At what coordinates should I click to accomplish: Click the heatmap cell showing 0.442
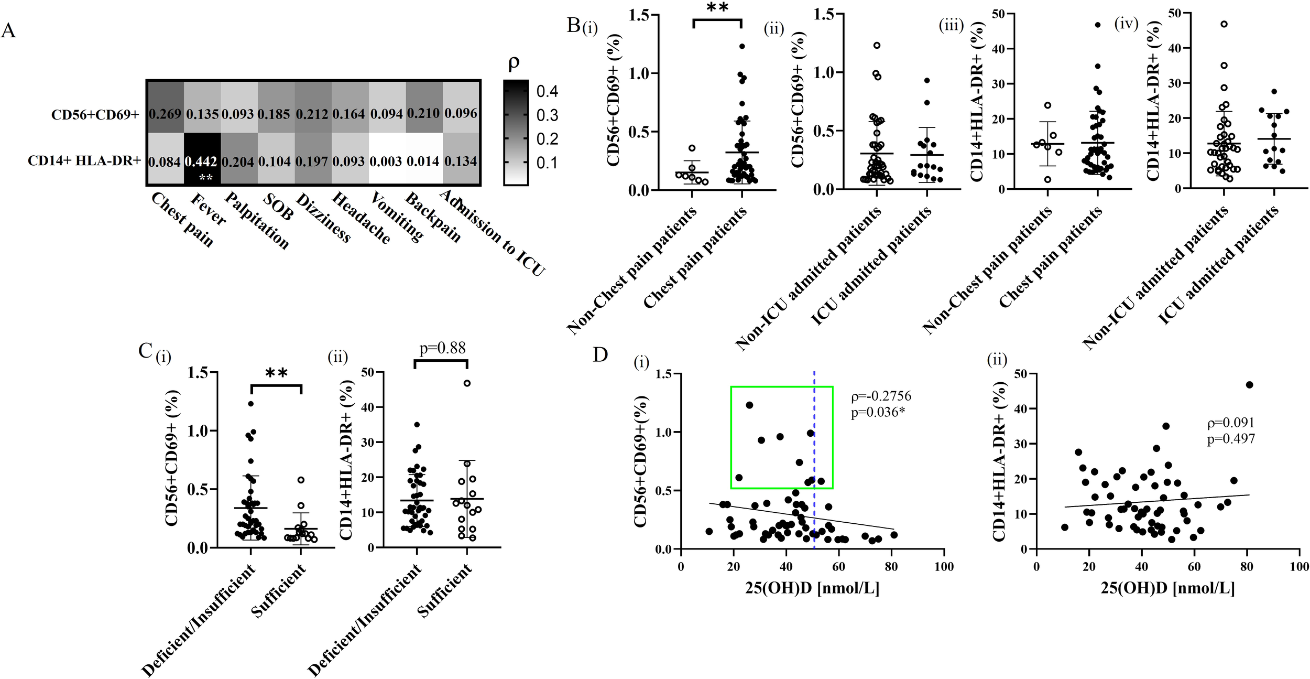click(202, 161)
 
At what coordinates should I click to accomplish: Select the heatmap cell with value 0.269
click(165, 113)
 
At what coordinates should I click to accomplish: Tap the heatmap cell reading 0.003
click(387, 161)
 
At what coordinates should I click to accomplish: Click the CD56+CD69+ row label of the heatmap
click(95, 114)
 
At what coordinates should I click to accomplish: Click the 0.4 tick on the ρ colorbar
click(547, 92)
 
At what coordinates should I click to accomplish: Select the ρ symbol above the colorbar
click(514, 63)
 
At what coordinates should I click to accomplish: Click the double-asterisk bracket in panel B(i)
click(717, 21)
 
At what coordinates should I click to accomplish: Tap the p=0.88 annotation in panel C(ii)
click(442, 348)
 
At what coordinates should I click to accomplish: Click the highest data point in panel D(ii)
click(1249, 384)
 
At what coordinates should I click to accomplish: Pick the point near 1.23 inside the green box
click(749, 405)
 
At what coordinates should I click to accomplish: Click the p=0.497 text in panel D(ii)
click(1231, 439)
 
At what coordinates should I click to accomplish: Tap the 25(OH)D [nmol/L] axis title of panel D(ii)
click(1167, 588)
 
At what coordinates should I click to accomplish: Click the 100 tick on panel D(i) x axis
click(944, 567)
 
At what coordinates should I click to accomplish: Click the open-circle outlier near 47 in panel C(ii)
click(467, 383)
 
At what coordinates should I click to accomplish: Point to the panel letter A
click(8, 31)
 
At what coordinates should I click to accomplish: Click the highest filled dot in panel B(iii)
click(1098, 25)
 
